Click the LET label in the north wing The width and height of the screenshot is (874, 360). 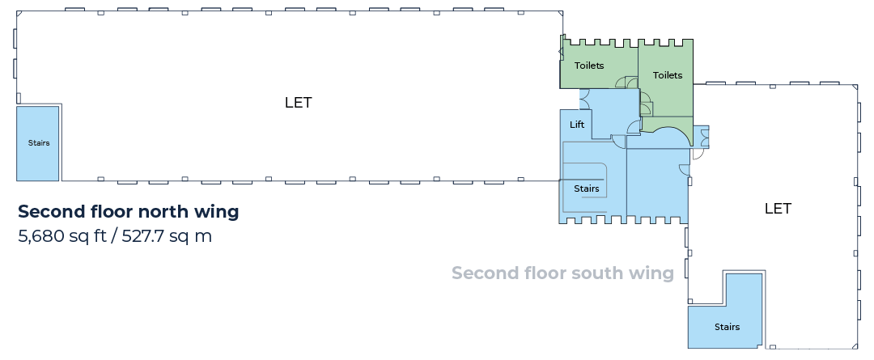(298, 103)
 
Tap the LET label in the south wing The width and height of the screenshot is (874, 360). (778, 209)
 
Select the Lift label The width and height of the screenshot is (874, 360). (577, 125)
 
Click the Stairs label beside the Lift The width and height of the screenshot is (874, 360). (587, 189)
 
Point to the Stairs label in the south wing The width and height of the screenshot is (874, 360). (727, 327)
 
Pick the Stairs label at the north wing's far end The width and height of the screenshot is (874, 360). (39, 143)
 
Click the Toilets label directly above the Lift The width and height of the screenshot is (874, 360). (589, 66)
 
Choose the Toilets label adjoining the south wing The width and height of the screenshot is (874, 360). (667, 75)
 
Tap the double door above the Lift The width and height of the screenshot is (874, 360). (585, 100)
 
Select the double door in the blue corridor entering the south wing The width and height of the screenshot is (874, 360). (705, 137)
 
